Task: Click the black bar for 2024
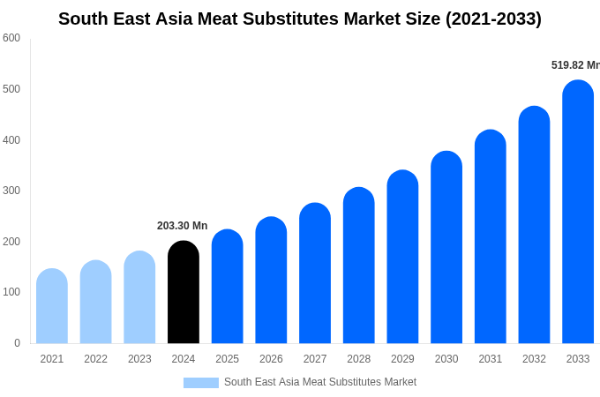[184, 292]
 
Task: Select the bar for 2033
[578, 212]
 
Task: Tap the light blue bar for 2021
[52, 306]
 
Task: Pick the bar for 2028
[359, 266]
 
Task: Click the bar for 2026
[271, 281]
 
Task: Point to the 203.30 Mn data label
[182, 226]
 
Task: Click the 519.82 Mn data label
[574, 65]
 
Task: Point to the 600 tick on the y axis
[11, 38]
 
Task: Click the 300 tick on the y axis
[11, 191]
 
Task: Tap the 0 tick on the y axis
[17, 343]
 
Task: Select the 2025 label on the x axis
[227, 359]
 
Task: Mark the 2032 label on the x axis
[534, 359]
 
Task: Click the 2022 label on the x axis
[95, 359]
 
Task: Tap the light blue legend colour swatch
[200, 383]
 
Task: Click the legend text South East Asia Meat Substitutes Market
[319, 382]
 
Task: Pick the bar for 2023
[139, 297]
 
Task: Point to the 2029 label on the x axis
[402, 359]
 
